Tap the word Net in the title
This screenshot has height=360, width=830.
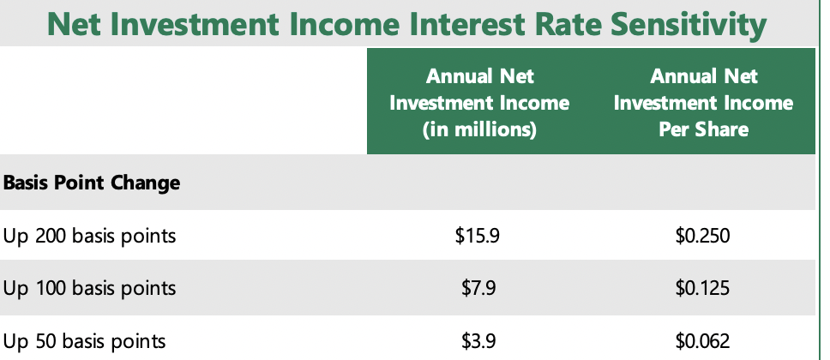coord(74,24)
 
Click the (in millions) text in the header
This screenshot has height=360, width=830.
coord(479,129)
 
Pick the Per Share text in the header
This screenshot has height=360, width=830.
coord(703,129)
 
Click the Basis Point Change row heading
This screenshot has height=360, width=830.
coord(92,183)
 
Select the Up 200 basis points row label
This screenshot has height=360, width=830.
coord(89,236)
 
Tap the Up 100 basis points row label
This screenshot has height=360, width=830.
coord(89,289)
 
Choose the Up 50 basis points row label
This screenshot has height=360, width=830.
coord(84,341)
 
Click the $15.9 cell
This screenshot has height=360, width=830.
coord(477,236)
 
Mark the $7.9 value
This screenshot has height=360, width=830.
coord(478,289)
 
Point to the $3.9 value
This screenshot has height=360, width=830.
coord(478,341)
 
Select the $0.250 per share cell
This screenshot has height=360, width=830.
coord(702,236)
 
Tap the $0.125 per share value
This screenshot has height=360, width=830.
coord(702,289)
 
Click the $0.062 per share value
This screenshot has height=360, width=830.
coord(702,341)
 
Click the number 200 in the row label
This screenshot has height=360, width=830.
coord(51,236)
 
